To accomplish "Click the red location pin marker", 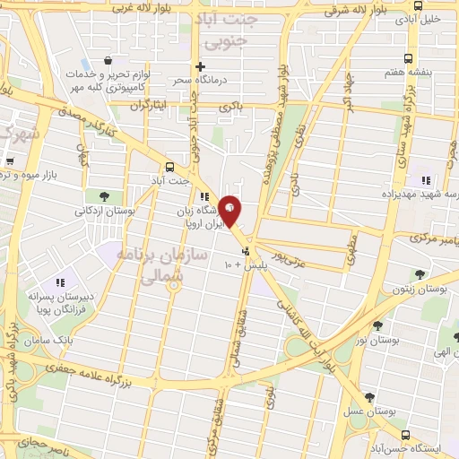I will (230, 210).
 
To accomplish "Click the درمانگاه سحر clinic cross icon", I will (202, 66).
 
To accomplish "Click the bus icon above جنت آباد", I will (171, 166).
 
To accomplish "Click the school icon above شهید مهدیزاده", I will (426, 179).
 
